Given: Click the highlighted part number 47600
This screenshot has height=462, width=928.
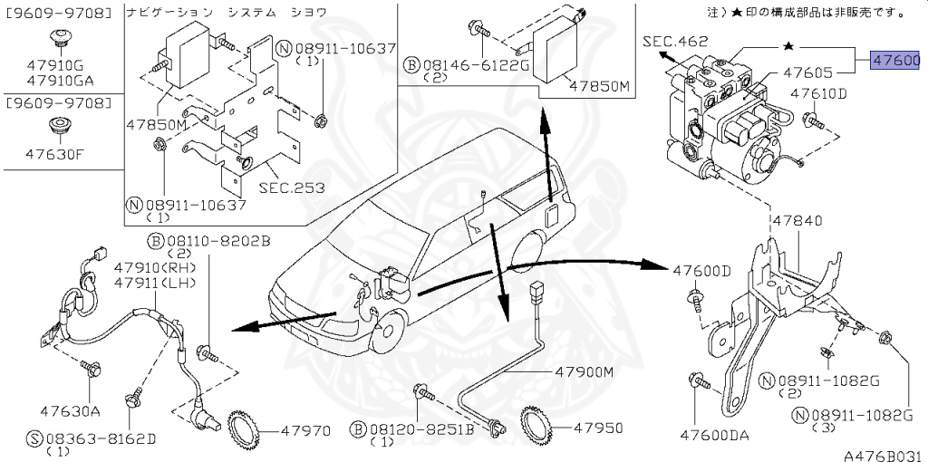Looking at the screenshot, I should (x=895, y=61).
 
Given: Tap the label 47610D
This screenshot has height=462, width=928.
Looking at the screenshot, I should (x=817, y=93).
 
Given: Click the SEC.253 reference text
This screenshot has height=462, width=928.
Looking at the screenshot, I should (x=291, y=188).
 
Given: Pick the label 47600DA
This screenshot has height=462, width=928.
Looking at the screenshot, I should (x=715, y=435).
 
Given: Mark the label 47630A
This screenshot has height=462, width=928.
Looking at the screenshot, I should (x=69, y=410).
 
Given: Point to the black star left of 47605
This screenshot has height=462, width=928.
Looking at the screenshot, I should (x=788, y=45).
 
